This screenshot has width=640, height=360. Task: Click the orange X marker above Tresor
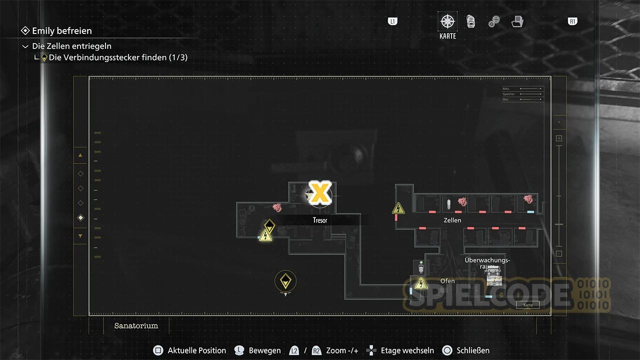[319, 193]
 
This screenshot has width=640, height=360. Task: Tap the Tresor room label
[320, 220]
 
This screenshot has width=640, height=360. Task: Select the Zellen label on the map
[452, 220]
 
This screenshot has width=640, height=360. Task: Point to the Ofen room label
[447, 281]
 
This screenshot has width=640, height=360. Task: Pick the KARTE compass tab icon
[447, 21]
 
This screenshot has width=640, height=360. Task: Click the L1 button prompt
[392, 21]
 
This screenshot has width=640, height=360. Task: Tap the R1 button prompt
[572, 21]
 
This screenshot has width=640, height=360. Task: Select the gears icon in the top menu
[494, 21]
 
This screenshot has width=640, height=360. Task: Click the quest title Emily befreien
[61, 31]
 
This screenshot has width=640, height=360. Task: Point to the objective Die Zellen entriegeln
[71, 46]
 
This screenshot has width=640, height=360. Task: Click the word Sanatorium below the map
[136, 325]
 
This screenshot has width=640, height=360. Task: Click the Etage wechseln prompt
[407, 350]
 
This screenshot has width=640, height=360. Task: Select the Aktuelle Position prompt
[196, 350]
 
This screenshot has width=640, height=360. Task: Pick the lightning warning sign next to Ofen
[421, 284]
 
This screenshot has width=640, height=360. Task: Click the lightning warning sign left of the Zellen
[398, 208]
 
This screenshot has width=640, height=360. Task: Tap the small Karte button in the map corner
[528, 304]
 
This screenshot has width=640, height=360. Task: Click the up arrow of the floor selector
[80, 155]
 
